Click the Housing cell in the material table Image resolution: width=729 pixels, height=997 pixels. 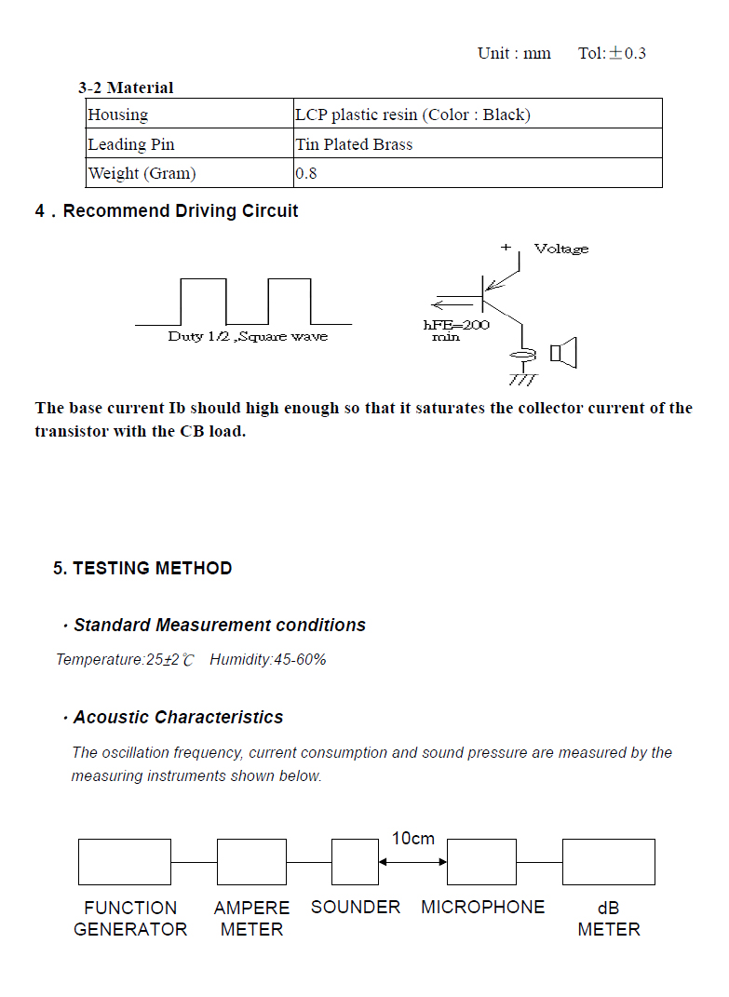coord(190,114)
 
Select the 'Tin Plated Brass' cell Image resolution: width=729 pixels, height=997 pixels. coord(478,143)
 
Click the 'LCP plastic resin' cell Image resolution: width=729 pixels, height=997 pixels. coord(478,114)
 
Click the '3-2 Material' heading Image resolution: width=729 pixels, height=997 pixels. coord(126,88)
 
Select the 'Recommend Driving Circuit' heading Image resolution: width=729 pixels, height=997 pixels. coord(181,211)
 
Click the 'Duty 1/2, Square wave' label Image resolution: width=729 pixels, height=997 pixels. coord(248,336)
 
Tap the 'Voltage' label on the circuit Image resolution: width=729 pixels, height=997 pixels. coord(561,249)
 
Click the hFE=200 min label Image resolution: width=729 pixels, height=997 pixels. coord(456,330)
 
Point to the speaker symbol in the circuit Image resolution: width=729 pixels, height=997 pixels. coord(563,353)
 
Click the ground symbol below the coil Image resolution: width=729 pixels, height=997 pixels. coord(523,380)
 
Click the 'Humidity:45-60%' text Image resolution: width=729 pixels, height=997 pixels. coord(268,659)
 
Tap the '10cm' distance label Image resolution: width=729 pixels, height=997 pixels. coord(412,839)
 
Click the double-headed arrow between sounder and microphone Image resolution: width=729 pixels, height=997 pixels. coord(412,862)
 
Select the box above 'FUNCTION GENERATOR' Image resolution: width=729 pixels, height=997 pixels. coord(125,862)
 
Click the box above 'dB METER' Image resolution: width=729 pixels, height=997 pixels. coord(609,862)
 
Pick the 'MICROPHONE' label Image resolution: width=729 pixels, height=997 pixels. coord(483,908)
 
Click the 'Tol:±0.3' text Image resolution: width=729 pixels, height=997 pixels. coord(612,53)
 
